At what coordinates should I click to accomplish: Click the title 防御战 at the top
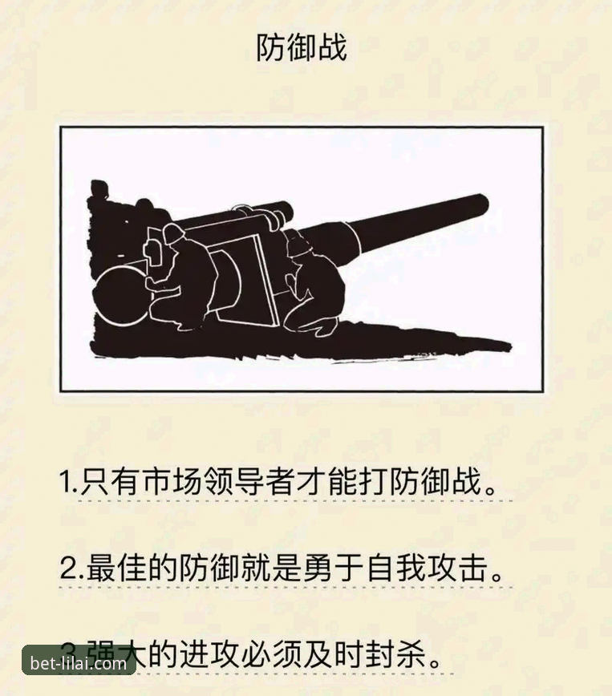[301, 48]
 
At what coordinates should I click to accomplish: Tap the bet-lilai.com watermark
[78, 663]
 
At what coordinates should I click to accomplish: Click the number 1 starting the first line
[65, 484]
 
